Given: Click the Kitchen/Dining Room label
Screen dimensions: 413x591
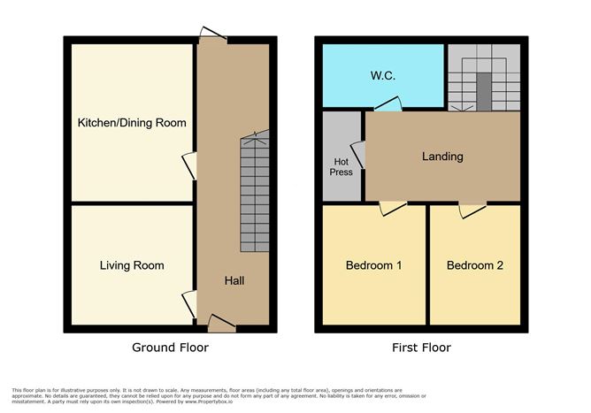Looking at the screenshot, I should (131, 122).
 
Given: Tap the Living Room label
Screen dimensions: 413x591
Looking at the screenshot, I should (132, 265).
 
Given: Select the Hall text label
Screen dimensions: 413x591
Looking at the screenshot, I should (234, 281).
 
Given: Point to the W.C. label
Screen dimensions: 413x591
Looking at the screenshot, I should (382, 76).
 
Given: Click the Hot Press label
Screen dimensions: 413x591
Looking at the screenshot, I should (342, 166).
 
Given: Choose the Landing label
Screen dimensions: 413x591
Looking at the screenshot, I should (442, 157).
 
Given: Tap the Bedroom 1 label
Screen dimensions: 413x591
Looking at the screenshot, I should (374, 265).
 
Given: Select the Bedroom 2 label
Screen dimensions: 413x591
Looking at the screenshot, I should (475, 265).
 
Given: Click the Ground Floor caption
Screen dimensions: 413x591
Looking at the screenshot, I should (171, 348).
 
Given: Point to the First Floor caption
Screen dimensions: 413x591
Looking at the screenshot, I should (421, 348).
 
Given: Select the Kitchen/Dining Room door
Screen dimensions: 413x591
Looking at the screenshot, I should (188, 166).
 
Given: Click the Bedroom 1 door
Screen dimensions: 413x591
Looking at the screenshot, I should (392, 208).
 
